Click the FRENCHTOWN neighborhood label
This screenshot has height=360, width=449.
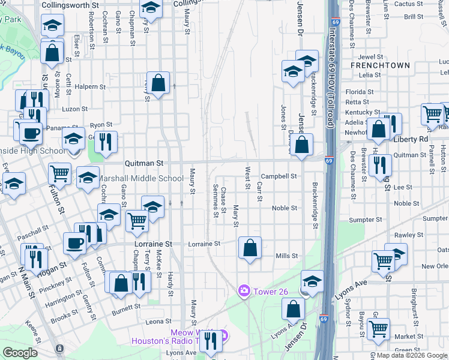pos(380,65)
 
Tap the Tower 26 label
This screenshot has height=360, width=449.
pos(264,290)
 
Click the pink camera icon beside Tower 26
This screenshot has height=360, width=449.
pos(244,290)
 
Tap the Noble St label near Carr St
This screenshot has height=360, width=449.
pos(285,208)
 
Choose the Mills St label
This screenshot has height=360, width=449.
pos(286,256)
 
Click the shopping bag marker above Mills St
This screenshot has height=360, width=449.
pos(250,248)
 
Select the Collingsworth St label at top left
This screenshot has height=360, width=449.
pos(71,4)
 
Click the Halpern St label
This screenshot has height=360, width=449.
pos(91,86)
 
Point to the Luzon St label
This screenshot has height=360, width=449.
pos(75,109)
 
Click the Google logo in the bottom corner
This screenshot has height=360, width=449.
pos(20,353)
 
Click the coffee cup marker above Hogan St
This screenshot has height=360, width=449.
pos(75,243)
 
